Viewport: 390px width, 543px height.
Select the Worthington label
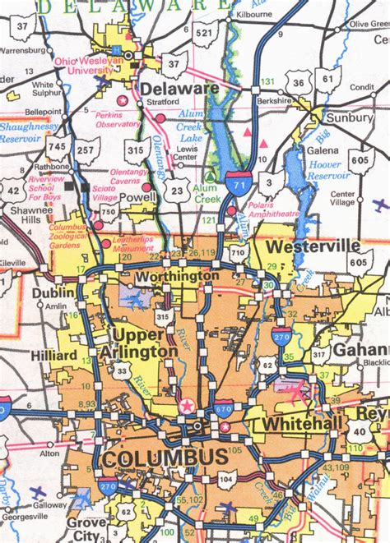coord(177,277)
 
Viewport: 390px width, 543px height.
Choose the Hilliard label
coord(55,355)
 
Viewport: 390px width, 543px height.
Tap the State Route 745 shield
coord(56,147)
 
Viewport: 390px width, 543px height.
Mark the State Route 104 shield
coord(227,476)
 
